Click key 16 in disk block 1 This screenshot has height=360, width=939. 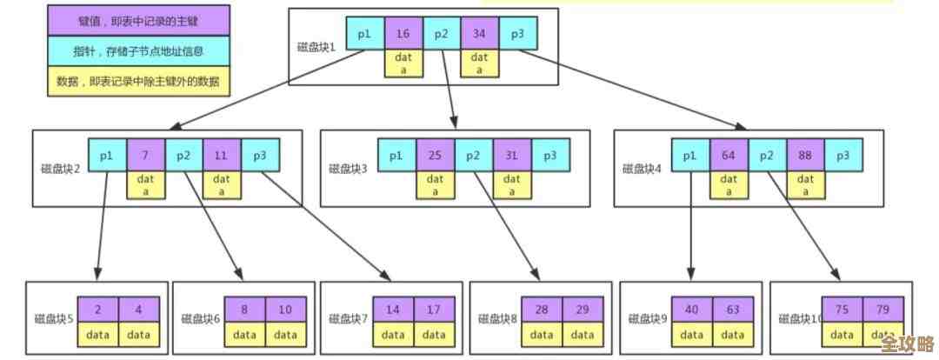pyautogui.click(x=403, y=33)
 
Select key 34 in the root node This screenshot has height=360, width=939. pyautogui.click(x=479, y=33)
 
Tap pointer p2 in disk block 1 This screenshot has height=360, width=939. pyautogui.click(x=441, y=33)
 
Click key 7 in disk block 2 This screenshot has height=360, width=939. pyautogui.click(x=145, y=156)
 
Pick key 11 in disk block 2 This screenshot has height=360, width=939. pyautogui.click(x=222, y=156)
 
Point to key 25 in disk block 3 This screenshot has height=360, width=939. pyautogui.click(x=435, y=156)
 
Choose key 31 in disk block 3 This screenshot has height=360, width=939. pyautogui.click(x=511, y=156)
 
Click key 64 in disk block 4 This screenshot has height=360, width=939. pyautogui.click(x=729, y=156)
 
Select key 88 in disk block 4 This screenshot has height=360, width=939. pyautogui.click(x=805, y=156)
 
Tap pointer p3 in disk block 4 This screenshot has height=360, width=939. pyautogui.click(x=842, y=156)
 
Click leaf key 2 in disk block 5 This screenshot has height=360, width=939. pyautogui.click(x=97, y=310)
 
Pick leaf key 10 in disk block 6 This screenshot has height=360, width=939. pyautogui.click(x=285, y=310)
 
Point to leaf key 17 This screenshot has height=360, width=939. pyautogui.click(x=432, y=310)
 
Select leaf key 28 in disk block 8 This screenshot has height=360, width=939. pyautogui.click(x=543, y=310)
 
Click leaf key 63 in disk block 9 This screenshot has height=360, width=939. pyautogui.click(x=731, y=310)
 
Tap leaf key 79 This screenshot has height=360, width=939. pyautogui.click(x=882, y=310)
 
